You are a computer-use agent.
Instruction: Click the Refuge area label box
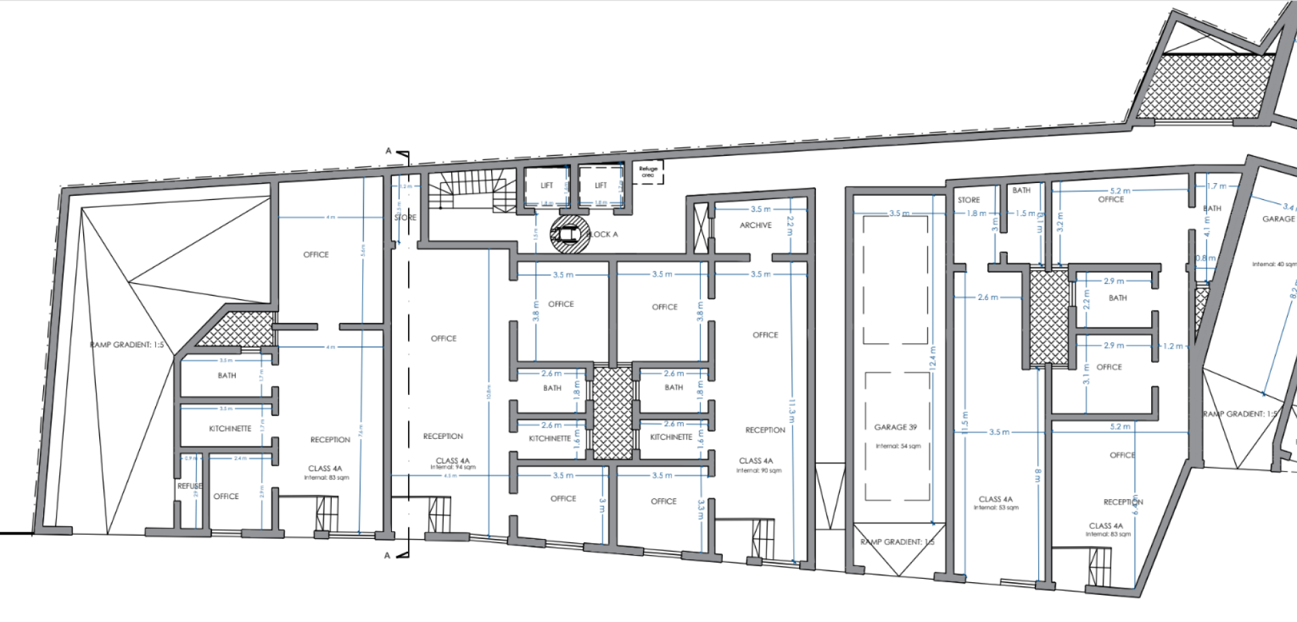pyautogui.click(x=648, y=172)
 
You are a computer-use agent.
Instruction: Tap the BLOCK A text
pyautogui.click(x=602, y=234)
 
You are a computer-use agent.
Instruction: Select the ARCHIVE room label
pyautogui.click(x=755, y=226)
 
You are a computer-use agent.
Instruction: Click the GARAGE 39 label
pyautogui.click(x=895, y=427)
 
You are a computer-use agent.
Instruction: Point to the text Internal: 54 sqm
pyautogui.click(x=898, y=446)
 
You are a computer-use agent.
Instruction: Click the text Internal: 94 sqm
pyautogui.click(x=453, y=467)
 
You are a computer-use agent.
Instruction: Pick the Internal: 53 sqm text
pyautogui.click(x=996, y=507)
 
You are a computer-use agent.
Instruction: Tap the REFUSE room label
pyautogui.click(x=190, y=486)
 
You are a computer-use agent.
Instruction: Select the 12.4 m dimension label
pyautogui.click(x=933, y=357)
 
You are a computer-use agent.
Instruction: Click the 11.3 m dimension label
pyautogui.click(x=792, y=411)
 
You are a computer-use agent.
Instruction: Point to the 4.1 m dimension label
pyautogui.click(x=1207, y=227)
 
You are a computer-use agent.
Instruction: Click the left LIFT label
pyautogui.click(x=546, y=186)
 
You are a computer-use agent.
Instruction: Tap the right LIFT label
pyautogui.click(x=601, y=186)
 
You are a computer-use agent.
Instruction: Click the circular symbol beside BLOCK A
pyautogui.click(x=567, y=234)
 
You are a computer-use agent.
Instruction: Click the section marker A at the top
pyautogui.click(x=388, y=151)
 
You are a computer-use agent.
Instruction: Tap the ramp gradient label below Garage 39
pyautogui.click(x=897, y=542)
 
